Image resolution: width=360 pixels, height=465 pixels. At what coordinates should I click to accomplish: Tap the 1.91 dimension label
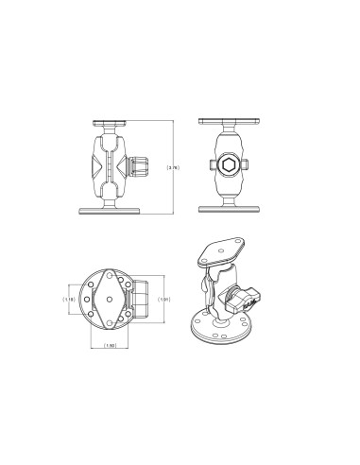163,300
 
